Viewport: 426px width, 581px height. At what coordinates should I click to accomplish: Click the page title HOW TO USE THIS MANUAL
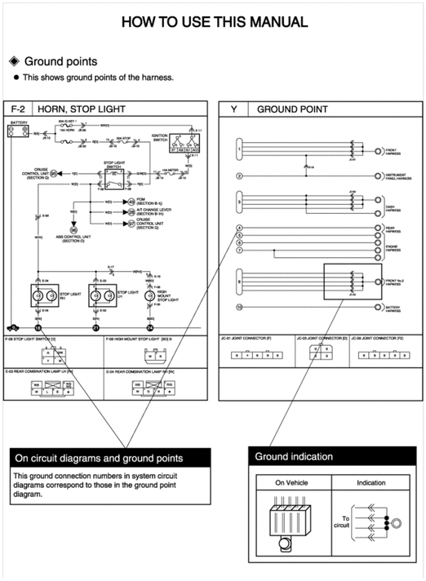(214, 22)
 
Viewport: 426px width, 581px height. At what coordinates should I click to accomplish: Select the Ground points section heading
(60, 61)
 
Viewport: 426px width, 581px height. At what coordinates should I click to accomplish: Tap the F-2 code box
(17, 109)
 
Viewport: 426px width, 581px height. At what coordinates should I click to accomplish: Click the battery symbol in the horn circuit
(18, 131)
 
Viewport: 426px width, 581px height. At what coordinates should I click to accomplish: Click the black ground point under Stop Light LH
(95, 327)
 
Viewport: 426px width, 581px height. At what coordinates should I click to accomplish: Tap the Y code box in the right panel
(234, 109)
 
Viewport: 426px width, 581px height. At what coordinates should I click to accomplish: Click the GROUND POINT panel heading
(292, 109)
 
